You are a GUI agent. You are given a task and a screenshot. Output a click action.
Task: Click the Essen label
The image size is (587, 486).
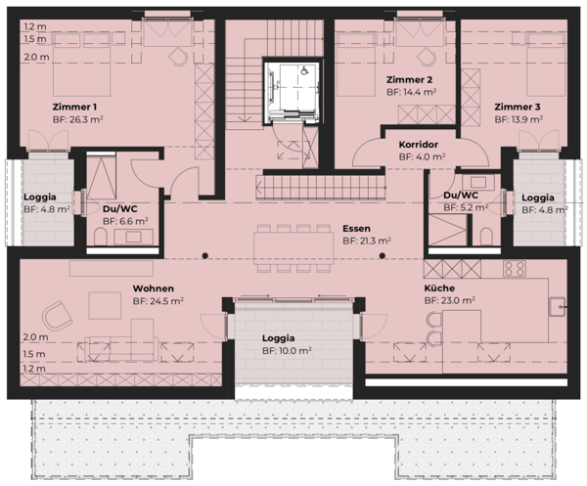[x=356, y=227]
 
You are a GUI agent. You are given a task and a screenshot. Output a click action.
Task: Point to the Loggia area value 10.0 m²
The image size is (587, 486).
[x=286, y=349]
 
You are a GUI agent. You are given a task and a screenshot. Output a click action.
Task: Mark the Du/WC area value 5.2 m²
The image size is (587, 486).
[x=465, y=207]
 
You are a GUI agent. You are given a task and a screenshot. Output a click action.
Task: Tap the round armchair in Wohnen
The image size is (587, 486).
[x=58, y=314]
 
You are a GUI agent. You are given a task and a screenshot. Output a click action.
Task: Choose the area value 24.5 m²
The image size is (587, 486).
[x=158, y=302]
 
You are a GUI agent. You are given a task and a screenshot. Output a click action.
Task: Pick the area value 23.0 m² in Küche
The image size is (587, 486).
[x=449, y=302]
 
